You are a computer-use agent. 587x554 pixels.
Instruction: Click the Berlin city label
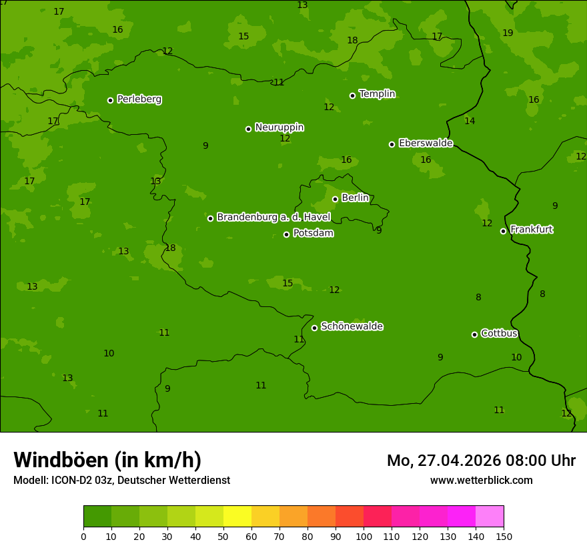point(355,198)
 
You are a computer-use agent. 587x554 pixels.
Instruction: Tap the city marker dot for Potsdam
point(286,234)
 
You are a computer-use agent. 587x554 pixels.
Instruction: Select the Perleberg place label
point(139,99)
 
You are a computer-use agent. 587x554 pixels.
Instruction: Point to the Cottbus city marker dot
point(474,334)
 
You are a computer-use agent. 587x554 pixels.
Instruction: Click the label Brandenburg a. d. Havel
point(273,218)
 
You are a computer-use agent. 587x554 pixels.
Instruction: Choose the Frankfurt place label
point(532,230)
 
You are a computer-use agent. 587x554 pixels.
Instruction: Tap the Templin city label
point(378,94)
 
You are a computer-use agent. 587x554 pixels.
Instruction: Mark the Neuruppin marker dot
point(248,129)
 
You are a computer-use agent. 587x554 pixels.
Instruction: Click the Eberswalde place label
point(426,144)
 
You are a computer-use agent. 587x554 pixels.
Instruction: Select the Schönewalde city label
point(352,326)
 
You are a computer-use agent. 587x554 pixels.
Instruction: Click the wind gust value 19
point(508,33)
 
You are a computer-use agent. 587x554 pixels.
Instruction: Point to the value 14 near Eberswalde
point(470,121)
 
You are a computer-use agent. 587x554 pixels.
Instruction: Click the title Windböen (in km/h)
point(107,460)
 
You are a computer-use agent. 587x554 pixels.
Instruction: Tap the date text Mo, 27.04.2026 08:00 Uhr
point(481,461)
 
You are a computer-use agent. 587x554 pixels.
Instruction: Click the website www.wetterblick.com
point(481,481)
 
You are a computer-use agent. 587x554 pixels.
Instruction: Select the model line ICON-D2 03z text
point(121,481)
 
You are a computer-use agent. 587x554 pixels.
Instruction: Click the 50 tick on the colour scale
point(223,536)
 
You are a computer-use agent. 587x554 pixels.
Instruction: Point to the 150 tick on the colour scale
point(504,536)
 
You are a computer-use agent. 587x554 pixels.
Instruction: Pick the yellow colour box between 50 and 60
point(237,517)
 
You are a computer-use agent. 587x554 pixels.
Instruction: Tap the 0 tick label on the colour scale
point(83,536)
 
